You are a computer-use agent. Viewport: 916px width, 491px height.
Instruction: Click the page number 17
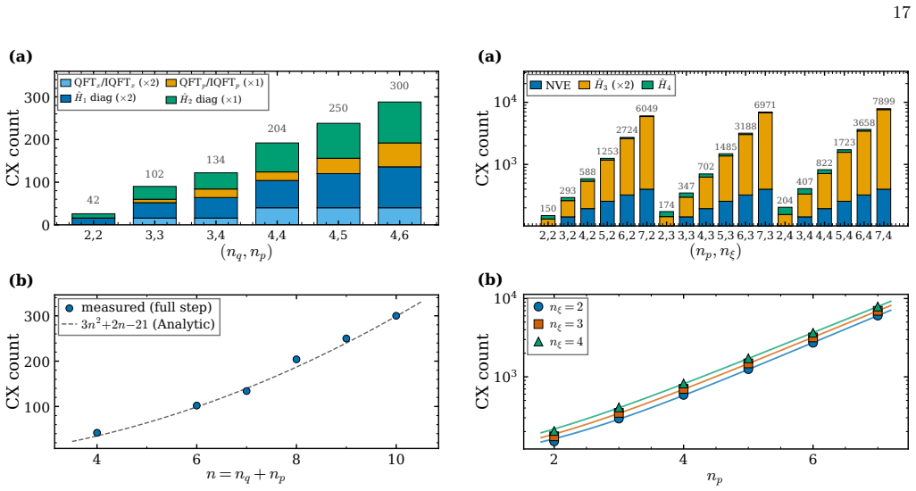pyautogui.click(x=901, y=12)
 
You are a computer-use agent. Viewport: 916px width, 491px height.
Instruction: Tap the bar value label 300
pyautogui.click(x=400, y=86)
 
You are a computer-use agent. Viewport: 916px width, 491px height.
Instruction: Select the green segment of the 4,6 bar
pyautogui.click(x=400, y=122)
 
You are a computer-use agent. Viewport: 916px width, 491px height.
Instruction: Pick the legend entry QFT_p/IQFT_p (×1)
pyautogui.click(x=214, y=83)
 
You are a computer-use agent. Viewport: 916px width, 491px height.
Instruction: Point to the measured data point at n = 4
pyautogui.click(x=97, y=433)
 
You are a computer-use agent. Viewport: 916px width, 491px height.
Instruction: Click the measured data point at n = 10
pyautogui.click(x=396, y=316)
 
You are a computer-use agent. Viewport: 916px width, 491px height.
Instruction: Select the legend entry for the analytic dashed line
pyautogui.click(x=139, y=324)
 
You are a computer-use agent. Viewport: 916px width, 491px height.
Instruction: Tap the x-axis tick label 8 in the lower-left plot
pyautogui.click(x=296, y=460)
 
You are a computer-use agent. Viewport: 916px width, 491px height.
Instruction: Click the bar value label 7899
pyautogui.click(x=883, y=102)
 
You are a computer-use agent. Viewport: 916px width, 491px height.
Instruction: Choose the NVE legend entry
pyautogui.click(x=550, y=85)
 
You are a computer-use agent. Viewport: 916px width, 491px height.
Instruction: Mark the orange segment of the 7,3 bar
pyautogui.click(x=765, y=151)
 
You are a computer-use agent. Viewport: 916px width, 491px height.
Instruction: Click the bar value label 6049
pyautogui.click(x=646, y=109)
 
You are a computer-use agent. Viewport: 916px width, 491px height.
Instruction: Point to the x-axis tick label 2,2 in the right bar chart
pyautogui.click(x=548, y=236)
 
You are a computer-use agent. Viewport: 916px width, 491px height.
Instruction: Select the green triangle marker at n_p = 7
pyautogui.click(x=878, y=307)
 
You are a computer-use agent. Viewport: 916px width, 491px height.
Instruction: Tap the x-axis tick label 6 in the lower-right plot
pyautogui.click(x=812, y=460)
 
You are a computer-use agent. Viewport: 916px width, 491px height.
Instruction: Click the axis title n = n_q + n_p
pyautogui.click(x=246, y=475)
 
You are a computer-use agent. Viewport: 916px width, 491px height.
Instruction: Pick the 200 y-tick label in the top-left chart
pyautogui.click(x=37, y=139)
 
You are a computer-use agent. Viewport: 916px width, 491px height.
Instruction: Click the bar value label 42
pyautogui.click(x=94, y=200)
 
